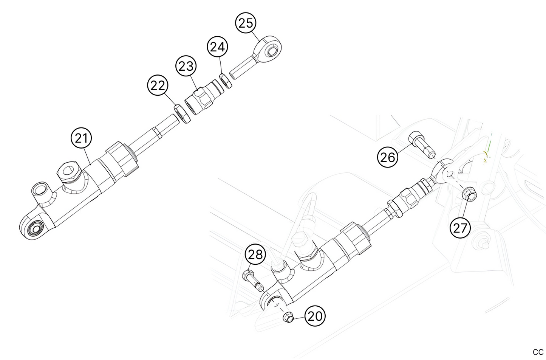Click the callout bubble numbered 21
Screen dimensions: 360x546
(82, 138)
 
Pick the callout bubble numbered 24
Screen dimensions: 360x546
(217, 47)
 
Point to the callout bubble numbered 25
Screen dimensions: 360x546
(246, 23)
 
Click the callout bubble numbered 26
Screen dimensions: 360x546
(388, 157)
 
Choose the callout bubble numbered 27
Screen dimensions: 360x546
(460, 228)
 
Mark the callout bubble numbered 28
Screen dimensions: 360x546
(255, 254)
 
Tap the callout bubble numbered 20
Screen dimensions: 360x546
(314, 316)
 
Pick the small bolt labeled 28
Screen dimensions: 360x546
(251, 278)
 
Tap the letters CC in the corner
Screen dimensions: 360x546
(538, 352)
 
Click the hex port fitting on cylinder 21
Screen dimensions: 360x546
(68, 172)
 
